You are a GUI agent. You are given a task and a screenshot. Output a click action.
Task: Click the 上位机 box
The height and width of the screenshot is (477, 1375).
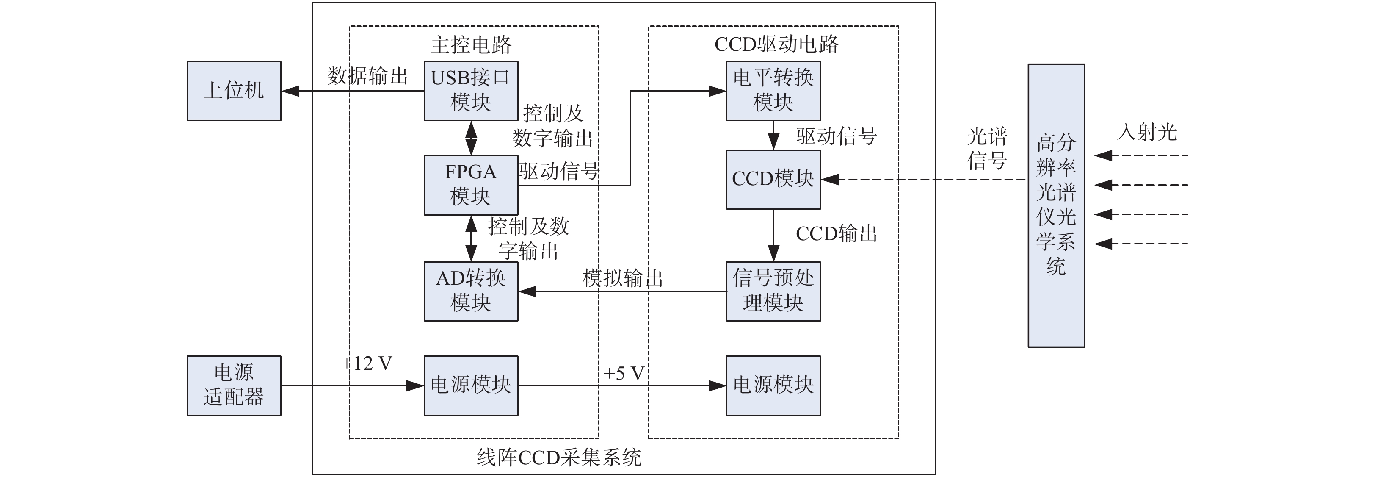234,91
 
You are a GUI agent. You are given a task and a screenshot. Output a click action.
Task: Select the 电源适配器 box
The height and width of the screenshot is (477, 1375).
234,385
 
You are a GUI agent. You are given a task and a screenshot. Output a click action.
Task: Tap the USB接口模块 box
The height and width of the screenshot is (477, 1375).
471,91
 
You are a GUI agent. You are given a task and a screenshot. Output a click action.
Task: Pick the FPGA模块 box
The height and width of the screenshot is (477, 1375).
471,185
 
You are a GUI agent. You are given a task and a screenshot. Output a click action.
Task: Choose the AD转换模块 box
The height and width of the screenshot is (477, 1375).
471,291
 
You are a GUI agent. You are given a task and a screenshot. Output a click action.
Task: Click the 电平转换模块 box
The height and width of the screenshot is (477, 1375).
773,91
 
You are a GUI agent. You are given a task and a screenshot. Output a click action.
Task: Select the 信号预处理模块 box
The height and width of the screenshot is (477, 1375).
773,291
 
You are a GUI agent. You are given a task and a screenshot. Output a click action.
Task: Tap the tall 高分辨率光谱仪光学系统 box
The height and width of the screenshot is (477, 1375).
1056,205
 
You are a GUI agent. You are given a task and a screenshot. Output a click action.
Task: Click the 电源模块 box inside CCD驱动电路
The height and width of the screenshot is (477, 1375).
773,385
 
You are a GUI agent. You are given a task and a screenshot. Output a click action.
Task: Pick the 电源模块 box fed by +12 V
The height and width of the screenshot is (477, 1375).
471,385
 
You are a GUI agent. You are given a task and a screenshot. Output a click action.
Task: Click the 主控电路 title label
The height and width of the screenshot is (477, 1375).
471,45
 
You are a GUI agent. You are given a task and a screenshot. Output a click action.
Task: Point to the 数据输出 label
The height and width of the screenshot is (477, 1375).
367,76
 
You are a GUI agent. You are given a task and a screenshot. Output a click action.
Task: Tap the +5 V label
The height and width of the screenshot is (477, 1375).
624,373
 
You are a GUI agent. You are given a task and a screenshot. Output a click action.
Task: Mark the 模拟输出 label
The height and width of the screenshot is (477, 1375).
622,279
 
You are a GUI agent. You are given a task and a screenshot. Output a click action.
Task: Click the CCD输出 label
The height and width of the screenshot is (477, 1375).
837,234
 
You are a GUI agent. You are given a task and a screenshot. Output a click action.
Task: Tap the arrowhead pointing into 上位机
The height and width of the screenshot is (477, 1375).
290,92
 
